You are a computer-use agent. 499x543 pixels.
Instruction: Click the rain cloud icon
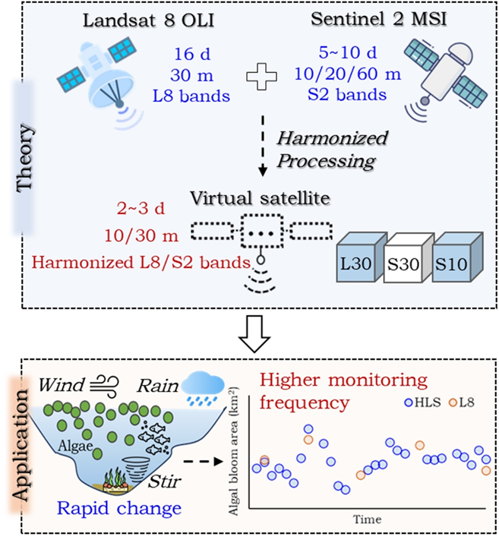pyautogui.click(x=201, y=384)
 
